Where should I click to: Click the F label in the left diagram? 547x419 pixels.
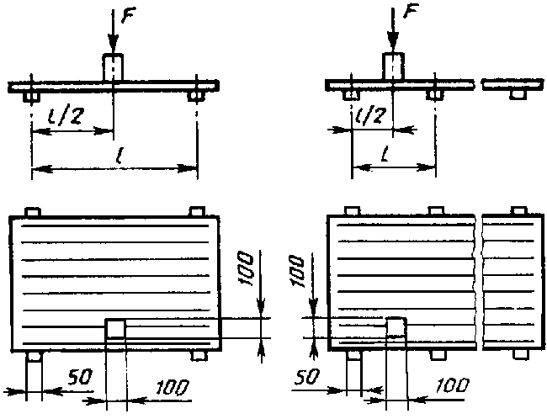[x=129, y=14]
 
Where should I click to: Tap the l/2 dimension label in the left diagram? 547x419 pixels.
[x=66, y=116]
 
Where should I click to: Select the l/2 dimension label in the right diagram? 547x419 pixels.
[x=371, y=114]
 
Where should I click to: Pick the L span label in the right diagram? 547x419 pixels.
[x=385, y=155]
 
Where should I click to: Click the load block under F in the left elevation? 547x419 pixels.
[x=113, y=67]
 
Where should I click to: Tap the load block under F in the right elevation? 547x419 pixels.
[x=393, y=66]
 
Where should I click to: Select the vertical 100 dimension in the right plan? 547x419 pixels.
[x=298, y=271]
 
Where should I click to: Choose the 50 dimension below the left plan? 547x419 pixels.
[x=80, y=377]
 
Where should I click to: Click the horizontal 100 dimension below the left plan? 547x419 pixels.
[x=172, y=387]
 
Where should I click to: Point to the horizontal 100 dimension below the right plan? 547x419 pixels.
[x=452, y=385]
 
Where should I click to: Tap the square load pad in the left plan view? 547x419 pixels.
[x=115, y=328]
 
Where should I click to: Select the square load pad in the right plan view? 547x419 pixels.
[x=396, y=327]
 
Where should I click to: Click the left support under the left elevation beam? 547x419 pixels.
[x=32, y=97]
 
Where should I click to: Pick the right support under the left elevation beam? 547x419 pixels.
[x=196, y=96]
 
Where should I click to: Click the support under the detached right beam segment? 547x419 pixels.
[x=518, y=94]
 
